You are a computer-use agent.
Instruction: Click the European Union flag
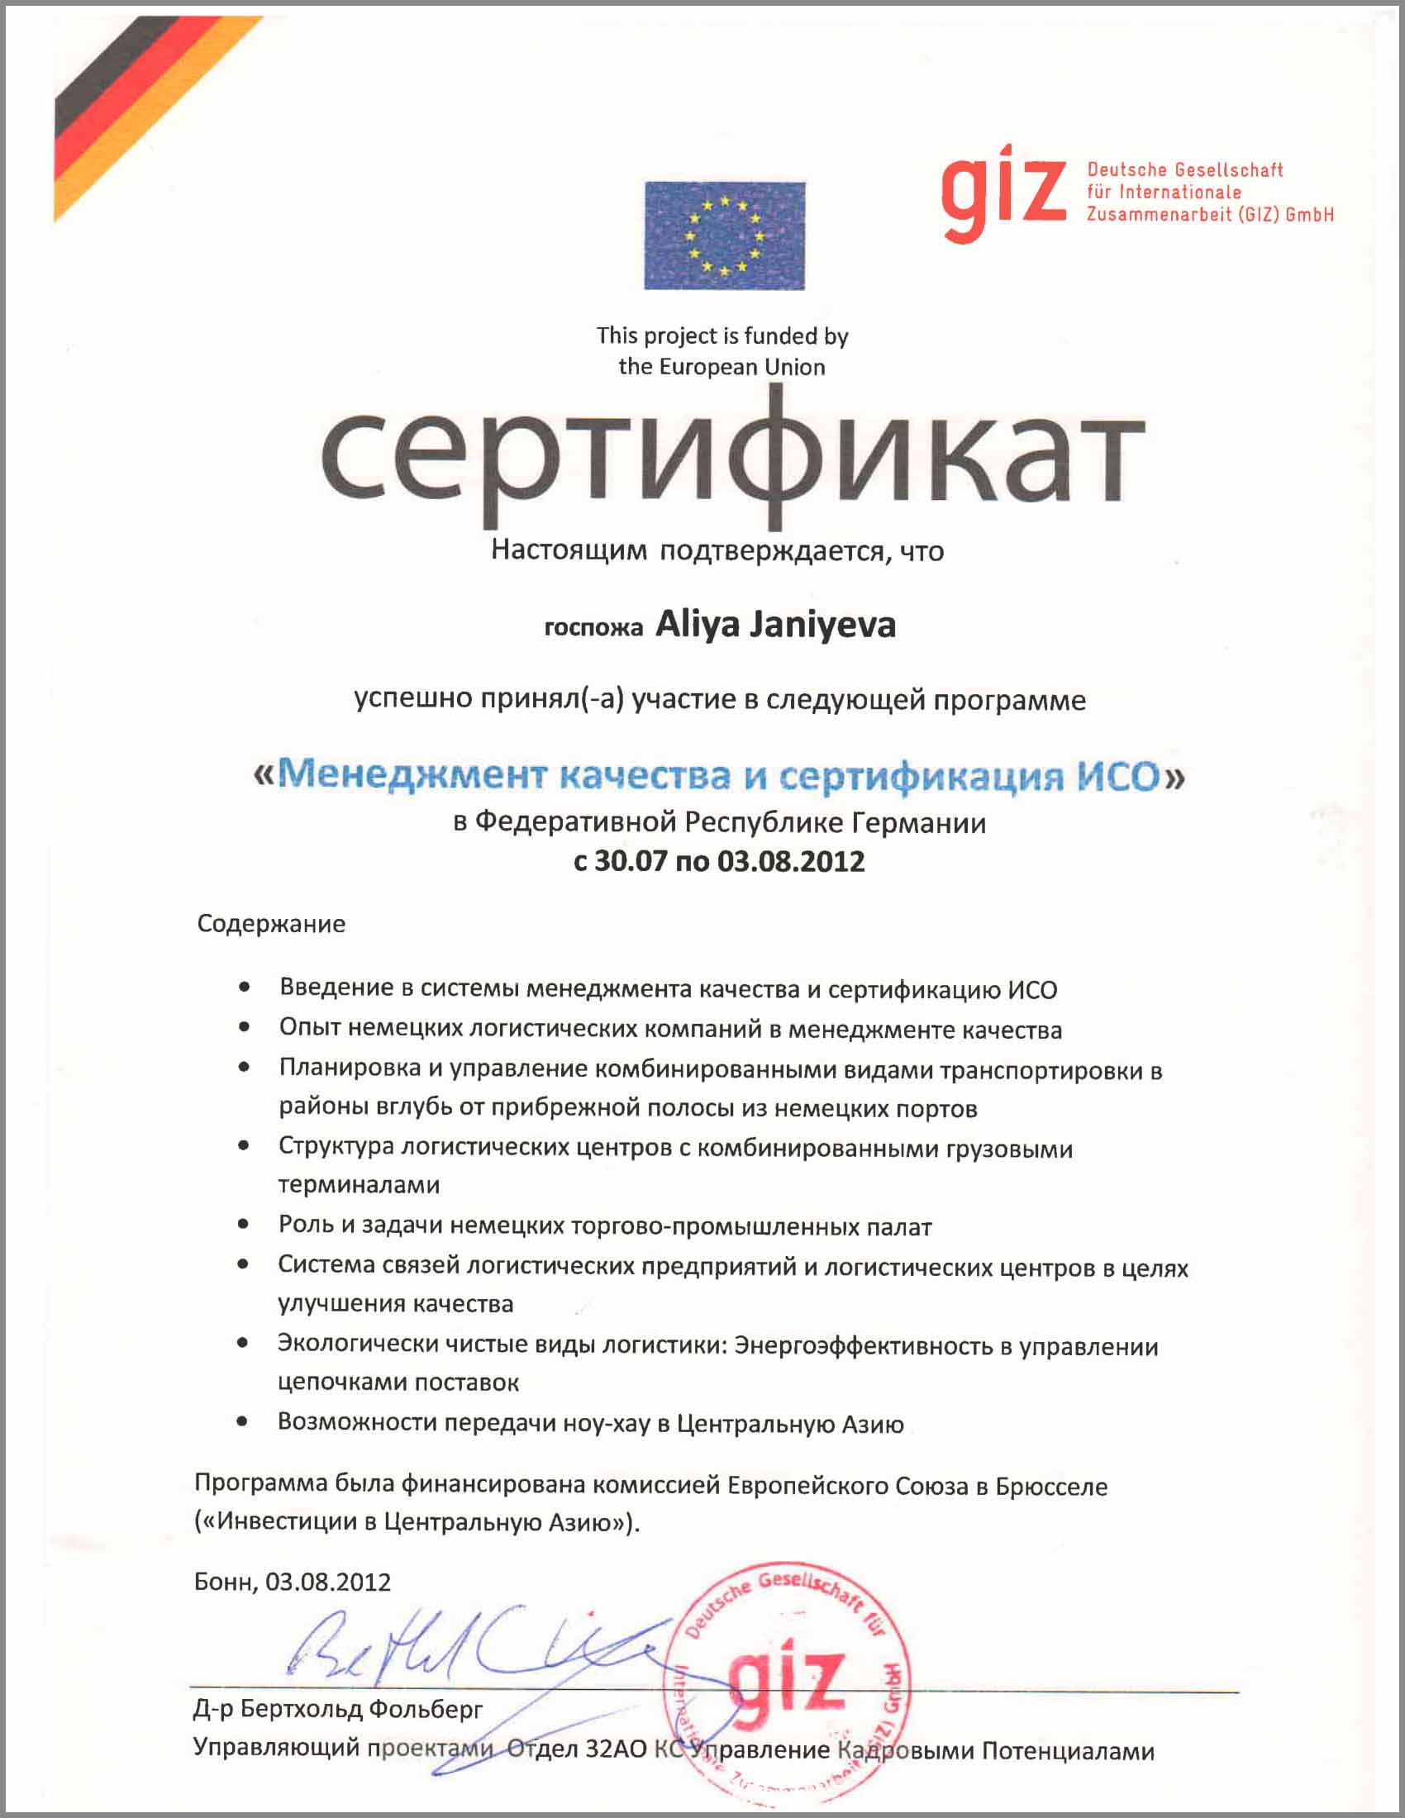point(724,235)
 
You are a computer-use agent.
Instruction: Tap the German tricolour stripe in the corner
point(125,108)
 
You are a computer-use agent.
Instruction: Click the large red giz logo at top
point(1003,193)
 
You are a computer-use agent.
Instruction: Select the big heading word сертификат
point(732,458)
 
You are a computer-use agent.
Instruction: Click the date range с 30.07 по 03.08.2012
point(719,861)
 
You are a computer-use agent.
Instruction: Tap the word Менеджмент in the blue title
point(412,775)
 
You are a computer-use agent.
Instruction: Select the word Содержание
point(271,924)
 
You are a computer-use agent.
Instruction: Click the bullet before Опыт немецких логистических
point(244,1028)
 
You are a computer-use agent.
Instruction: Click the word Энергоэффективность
point(863,1347)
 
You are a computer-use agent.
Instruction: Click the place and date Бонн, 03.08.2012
point(292,1582)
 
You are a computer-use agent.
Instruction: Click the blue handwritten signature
point(466,1644)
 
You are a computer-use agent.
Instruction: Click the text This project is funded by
point(722,336)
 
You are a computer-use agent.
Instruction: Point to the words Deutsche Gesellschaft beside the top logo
point(1184,169)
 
